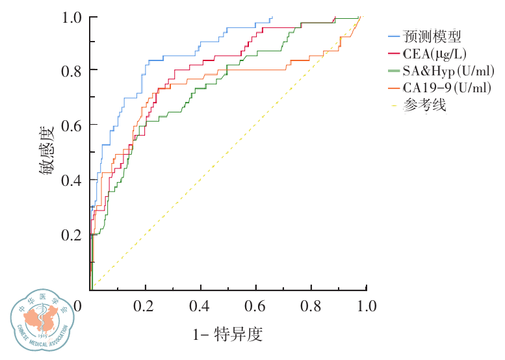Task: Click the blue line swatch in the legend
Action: click(x=393, y=36)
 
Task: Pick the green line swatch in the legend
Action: click(x=393, y=70)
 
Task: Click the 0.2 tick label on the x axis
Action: click(x=144, y=305)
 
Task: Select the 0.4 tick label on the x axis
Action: click(x=200, y=305)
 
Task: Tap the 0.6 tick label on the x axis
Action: click(x=256, y=305)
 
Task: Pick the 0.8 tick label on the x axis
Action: click(x=311, y=305)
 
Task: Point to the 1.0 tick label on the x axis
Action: click(x=366, y=305)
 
